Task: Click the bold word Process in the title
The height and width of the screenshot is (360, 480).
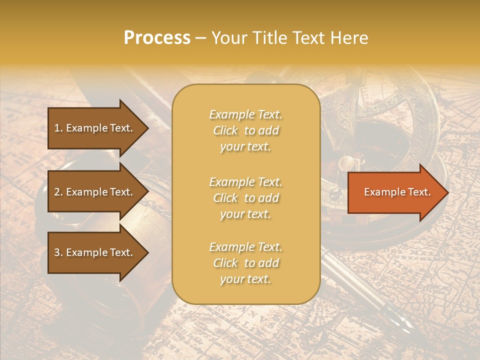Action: point(157,38)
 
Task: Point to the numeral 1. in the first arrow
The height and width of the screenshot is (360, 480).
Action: point(58,128)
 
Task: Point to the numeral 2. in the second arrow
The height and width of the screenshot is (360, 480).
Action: point(58,192)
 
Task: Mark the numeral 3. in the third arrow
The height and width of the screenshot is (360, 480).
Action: point(58,252)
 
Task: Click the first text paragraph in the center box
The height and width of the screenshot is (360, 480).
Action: point(245,130)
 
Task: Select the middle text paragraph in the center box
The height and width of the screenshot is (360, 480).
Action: point(245,197)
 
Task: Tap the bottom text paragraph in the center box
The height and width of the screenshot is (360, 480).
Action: point(245,263)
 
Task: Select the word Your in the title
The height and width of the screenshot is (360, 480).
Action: point(226,38)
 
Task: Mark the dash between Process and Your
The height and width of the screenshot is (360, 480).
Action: point(200,38)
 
